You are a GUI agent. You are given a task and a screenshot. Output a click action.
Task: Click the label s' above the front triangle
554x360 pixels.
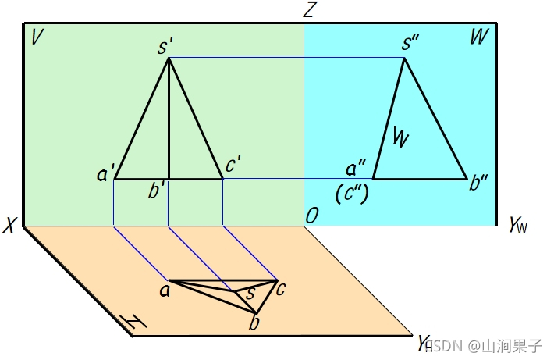coord(165,46)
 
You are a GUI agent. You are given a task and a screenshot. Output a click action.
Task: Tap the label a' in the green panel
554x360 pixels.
coord(106,173)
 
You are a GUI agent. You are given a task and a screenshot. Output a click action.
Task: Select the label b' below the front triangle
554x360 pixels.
coord(158,191)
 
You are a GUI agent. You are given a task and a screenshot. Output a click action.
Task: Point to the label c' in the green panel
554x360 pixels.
coord(233,166)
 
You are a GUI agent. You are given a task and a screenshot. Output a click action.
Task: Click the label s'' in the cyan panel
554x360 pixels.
coord(411,43)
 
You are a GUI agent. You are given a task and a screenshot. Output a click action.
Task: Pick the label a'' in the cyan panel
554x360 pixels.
coord(356,169)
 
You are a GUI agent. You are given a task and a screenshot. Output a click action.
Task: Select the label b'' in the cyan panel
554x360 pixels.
coord(478,185)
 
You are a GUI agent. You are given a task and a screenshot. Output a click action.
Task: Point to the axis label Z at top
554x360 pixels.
coord(310,10)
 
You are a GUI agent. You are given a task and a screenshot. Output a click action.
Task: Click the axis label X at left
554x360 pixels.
coord(10,226)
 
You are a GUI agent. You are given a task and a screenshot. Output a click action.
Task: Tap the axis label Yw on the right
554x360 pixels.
coord(517,226)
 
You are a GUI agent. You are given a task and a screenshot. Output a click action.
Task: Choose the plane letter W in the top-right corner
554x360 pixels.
coord(479,37)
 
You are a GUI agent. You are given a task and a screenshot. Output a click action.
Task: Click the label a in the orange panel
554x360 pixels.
coord(165,291)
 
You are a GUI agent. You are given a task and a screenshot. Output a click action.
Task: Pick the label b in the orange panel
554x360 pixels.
coord(254,322)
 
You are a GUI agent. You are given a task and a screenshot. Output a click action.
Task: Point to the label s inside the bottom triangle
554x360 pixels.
coord(250,294)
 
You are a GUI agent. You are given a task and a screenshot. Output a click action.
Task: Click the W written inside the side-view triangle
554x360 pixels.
coord(400,138)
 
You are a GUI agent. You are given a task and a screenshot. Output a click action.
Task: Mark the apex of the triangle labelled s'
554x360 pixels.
coord(169,59)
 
